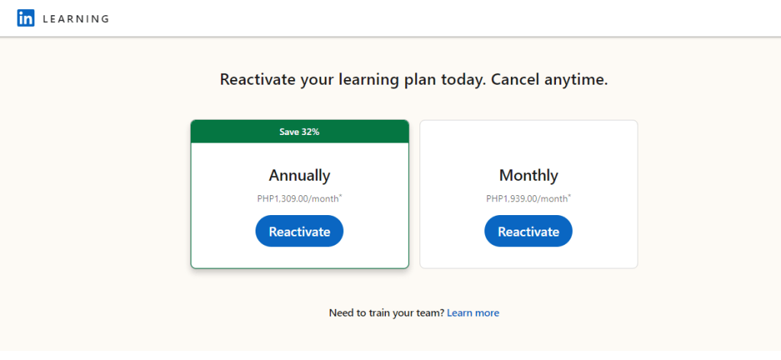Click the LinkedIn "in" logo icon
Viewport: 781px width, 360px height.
click(x=25, y=18)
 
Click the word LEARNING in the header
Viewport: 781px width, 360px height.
click(x=76, y=19)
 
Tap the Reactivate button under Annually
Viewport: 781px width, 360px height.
click(x=299, y=231)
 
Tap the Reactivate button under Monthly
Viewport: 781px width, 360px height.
click(x=529, y=231)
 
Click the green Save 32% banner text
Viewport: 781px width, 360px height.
click(x=299, y=132)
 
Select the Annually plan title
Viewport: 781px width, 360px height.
click(x=299, y=175)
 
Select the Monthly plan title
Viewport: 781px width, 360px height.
click(x=529, y=175)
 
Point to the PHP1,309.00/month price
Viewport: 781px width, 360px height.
click(x=298, y=198)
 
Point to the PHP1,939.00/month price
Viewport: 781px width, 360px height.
click(x=527, y=198)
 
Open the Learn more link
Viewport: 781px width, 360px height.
click(x=473, y=313)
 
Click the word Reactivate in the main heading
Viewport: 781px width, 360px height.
click(x=259, y=79)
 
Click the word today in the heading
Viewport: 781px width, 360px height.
click(x=463, y=79)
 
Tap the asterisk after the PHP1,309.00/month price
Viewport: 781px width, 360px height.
click(x=341, y=196)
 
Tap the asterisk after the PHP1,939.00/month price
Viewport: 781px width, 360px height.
click(x=570, y=196)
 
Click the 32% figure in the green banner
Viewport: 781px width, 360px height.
click(x=310, y=132)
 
